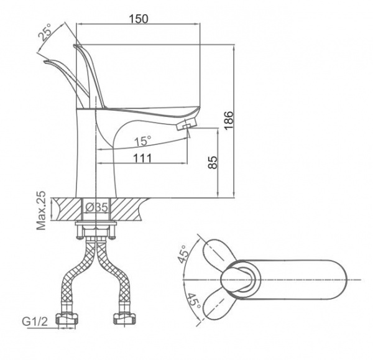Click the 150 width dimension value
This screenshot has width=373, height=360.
click(138, 18)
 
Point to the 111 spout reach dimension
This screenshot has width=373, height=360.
click(142, 159)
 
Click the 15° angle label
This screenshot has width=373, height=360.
click(143, 140)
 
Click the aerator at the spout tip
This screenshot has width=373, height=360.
click(185, 127)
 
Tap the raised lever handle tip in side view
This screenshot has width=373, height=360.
click(77, 47)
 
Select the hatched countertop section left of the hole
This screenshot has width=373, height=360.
click(65, 207)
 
